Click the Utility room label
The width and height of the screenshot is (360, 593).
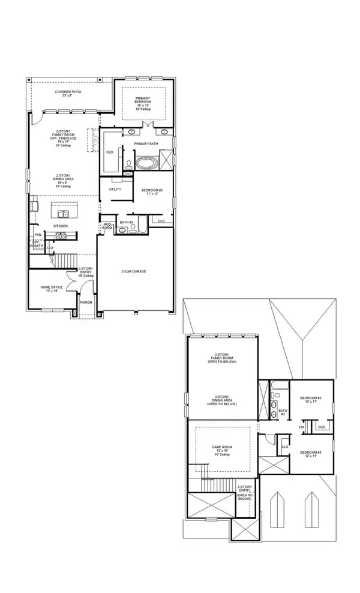click(115, 190)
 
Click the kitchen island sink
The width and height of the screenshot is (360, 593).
click(62, 213)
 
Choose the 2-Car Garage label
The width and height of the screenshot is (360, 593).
click(134, 271)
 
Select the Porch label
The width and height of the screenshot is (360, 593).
click(86, 302)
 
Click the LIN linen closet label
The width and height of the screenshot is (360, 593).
click(301, 427)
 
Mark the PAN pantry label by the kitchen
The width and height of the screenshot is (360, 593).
click(37, 235)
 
